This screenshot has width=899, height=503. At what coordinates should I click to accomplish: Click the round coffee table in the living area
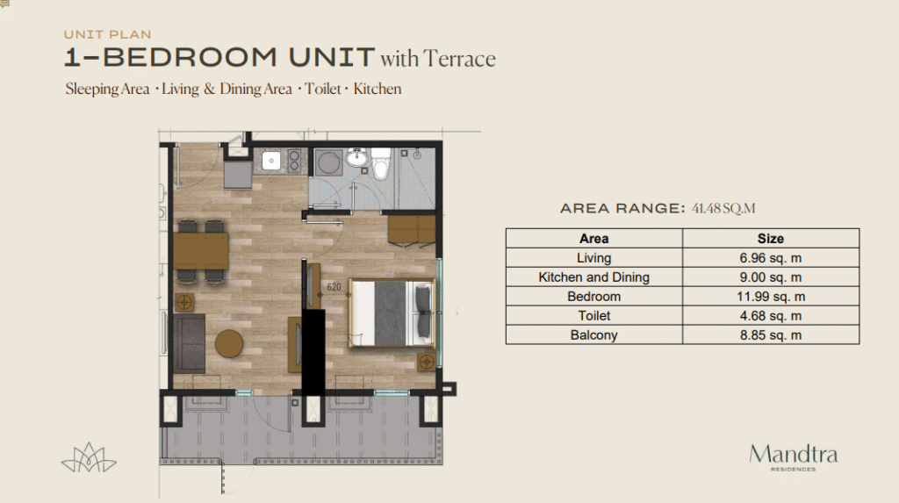click(229, 343)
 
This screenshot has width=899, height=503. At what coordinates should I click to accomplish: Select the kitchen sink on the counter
click(271, 161)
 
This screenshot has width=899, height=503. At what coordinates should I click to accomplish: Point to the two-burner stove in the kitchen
click(294, 161)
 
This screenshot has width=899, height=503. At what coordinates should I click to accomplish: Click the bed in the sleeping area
click(391, 313)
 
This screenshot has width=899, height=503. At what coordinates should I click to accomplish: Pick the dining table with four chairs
click(201, 251)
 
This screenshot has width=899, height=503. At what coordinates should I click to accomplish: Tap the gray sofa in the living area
click(190, 343)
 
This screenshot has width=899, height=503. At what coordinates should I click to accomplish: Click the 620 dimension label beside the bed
click(334, 287)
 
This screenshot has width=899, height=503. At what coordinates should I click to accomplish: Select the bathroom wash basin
click(356, 156)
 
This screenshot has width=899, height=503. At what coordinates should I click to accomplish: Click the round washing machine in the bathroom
click(328, 162)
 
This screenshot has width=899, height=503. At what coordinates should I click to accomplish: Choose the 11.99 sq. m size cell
click(771, 297)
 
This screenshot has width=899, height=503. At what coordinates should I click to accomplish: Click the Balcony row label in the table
click(594, 335)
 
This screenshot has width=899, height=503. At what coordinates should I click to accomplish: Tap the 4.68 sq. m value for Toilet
click(771, 316)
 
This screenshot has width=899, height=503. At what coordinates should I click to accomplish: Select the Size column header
click(771, 239)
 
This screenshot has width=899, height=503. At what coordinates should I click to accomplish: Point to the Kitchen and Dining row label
click(594, 277)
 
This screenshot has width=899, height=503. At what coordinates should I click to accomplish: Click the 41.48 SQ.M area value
click(723, 208)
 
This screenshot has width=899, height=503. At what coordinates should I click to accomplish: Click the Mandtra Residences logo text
click(793, 457)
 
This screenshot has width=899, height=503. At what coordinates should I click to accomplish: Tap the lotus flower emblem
click(89, 457)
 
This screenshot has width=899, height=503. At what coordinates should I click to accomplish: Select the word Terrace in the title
click(459, 59)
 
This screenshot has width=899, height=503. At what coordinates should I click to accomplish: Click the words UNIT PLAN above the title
click(107, 34)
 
